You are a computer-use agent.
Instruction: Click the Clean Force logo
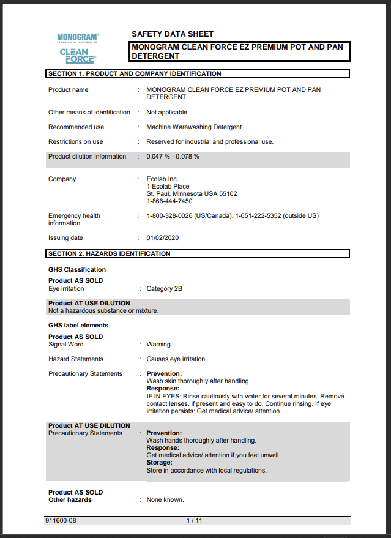pos(78,56)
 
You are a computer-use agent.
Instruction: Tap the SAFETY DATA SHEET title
pos(173,34)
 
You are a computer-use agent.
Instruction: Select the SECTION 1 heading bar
pos(197,74)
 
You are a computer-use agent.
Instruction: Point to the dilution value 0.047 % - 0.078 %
pos(173,157)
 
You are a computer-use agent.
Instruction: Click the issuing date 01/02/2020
pos(163,238)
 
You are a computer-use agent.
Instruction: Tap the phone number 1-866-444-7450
pos(169,201)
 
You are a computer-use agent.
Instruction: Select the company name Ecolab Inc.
pos(162,179)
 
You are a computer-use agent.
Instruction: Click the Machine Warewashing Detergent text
pos(194,127)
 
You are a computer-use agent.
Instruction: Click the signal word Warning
pos(158,345)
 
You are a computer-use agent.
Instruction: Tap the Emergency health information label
pos(74,219)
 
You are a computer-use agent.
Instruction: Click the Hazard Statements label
pos(76,359)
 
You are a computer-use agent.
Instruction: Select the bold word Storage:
pos(159,463)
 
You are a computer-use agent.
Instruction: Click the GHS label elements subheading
pos(78,326)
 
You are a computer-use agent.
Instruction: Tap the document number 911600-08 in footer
pos(61,521)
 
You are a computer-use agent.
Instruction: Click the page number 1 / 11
pos(194,521)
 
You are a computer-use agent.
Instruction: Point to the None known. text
pos(165,500)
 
